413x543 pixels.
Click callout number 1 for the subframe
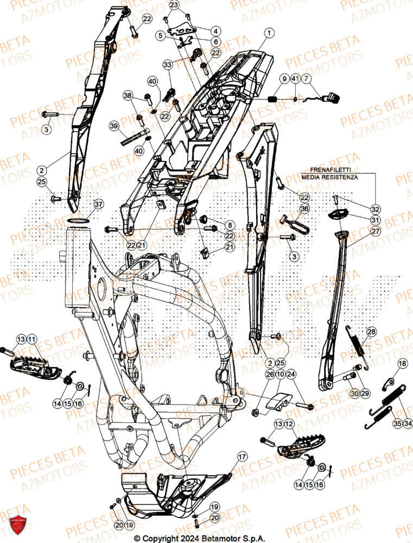point(267,33)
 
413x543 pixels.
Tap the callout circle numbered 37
point(98,204)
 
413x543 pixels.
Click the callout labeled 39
point(113,126)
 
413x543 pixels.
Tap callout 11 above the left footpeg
point(31,339)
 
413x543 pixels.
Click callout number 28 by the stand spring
point(371,332)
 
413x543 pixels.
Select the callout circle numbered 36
point(304,209)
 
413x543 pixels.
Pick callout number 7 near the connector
point(308,79)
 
